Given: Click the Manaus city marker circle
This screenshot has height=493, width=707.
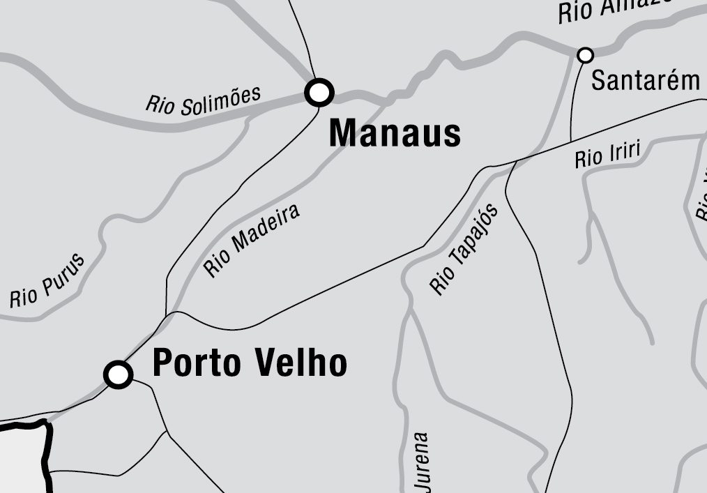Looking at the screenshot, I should pyautogui.click(x=320, y=92).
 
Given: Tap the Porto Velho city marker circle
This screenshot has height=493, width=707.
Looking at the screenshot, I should pyautogui.click(x=119, y=374).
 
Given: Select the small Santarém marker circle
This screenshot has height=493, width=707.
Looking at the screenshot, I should pyautogui.click(x=586, y=54).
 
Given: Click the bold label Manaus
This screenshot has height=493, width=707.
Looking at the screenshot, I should pyautogui.click(x=395, y=132).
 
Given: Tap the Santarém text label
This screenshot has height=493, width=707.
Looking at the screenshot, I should pyautogui.click(x=645, y=80).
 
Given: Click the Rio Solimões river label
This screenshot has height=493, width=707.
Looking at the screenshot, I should pyautogui.click(x=203, y=100).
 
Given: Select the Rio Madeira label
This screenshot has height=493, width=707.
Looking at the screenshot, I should pyautogui.click(x=252, y=241).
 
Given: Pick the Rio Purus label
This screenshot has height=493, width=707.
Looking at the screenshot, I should pyautogui.click(x=47, y=281).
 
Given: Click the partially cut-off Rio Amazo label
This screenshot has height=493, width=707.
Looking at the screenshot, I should pyautogui.click(x=614, y=10).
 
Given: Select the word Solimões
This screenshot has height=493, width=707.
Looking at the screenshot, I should pyautogui.click(x=222, y=98).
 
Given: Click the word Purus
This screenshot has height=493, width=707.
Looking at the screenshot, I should pyautogui.click(x=63, y=273).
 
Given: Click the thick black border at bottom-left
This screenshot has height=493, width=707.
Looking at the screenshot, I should pyautogui.click(x=47, y=453).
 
